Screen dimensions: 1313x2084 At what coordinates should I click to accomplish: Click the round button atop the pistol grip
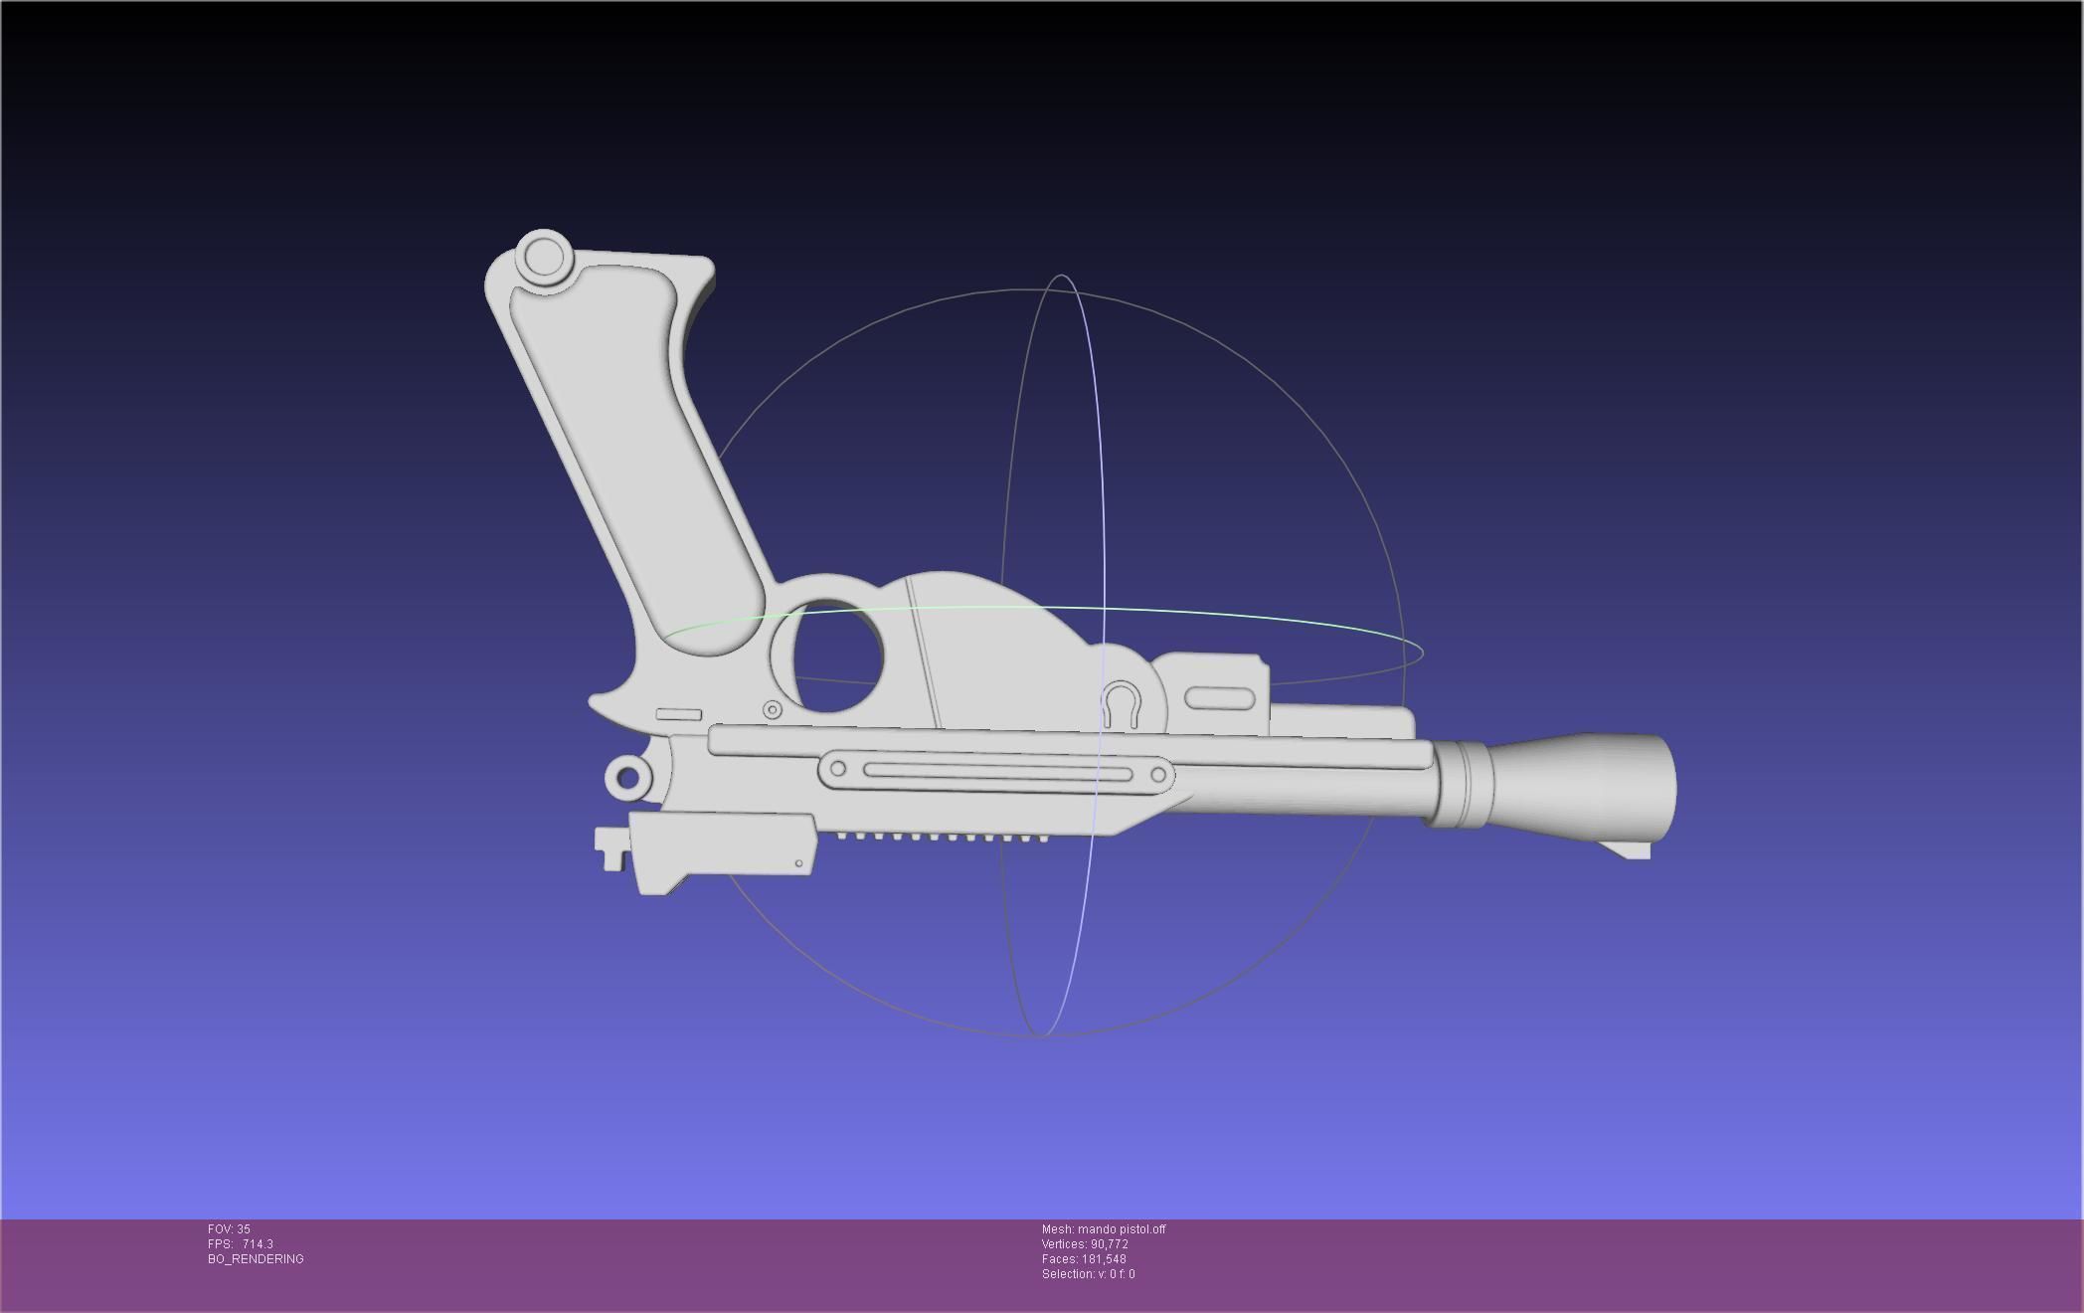543,258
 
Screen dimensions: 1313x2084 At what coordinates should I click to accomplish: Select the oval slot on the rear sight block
1220,698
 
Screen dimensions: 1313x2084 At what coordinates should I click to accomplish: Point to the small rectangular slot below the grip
679,714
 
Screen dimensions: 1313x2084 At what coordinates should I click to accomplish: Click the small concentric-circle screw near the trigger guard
773,709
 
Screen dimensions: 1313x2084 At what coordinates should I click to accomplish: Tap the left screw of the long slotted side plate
838,768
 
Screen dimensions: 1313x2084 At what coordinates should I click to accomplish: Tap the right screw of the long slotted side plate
1158,774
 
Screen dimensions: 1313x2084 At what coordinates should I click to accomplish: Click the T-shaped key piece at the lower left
610,846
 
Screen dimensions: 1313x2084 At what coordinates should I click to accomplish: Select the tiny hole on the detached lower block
798,863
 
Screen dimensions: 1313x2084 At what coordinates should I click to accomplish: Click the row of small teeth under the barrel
935,837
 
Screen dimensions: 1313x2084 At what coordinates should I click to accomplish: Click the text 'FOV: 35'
229,1229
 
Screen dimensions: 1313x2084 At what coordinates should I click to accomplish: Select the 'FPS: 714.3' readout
241,1244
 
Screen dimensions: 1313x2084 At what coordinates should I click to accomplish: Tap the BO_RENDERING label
256,1259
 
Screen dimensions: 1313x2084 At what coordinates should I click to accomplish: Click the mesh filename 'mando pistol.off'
1122,1229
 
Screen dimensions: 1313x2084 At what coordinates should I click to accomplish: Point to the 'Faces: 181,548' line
1084,1259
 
